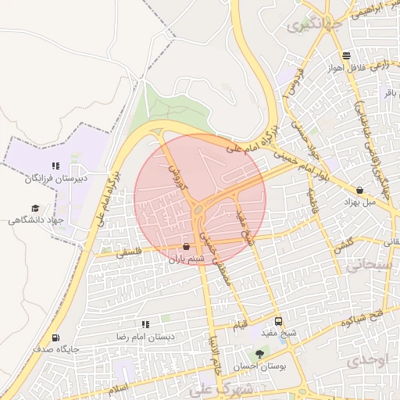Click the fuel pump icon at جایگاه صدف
tap(55, 337)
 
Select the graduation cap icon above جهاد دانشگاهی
tap(34, 208)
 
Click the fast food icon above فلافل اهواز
tap(346, 55)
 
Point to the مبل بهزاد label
tap(360, 202)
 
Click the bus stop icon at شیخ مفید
tap(279, 322)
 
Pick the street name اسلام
tap(119, 388)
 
